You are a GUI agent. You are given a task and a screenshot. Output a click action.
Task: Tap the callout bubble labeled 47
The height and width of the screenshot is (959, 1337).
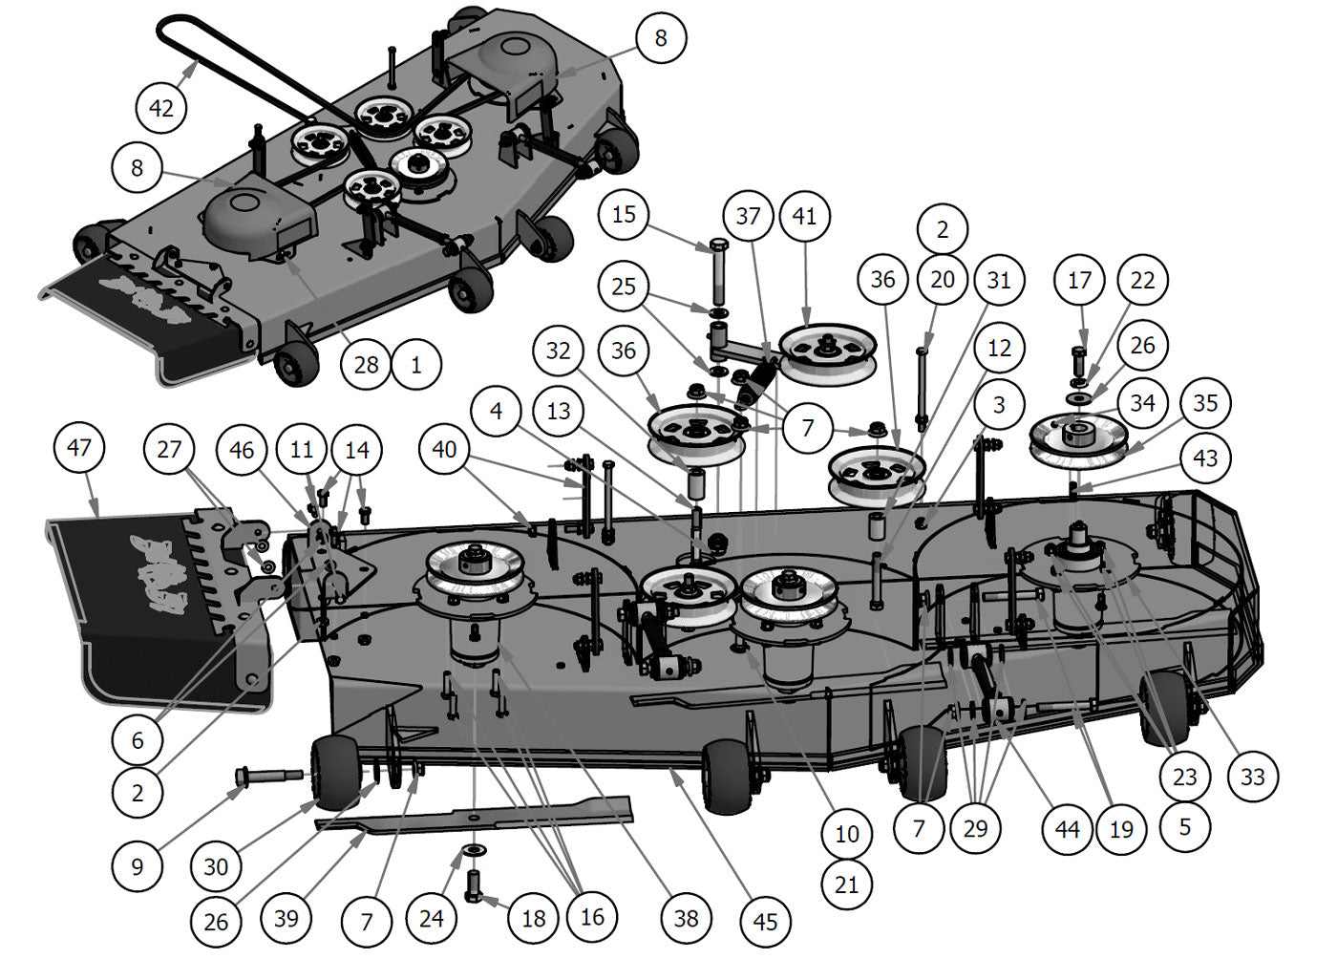(79, 447)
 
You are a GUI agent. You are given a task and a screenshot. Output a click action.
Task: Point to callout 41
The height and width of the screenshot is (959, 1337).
(805, 216)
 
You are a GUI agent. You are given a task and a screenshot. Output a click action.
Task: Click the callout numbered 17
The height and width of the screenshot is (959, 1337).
(1080, 280)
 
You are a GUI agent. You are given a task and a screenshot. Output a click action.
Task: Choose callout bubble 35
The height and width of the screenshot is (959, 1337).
(1206, 402)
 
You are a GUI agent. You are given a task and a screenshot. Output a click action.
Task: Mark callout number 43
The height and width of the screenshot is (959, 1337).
(1206, 458)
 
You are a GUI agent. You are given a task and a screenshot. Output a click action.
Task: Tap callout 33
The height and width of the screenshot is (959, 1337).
(1252, 777)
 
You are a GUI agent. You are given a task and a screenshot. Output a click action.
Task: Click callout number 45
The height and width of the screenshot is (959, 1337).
(765, 922)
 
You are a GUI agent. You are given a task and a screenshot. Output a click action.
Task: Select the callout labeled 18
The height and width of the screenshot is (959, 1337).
(534, 918)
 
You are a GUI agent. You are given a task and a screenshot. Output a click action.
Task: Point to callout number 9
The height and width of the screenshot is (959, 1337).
(138, 866)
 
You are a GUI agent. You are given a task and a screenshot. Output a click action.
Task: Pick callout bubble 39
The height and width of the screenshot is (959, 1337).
(286, 919)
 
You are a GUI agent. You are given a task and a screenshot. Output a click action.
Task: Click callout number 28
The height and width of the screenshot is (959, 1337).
(366, 364)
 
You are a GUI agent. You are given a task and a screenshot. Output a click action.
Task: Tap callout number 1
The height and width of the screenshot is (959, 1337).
(415, 364)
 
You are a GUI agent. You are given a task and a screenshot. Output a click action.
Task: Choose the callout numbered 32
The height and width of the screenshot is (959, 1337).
(559, 351)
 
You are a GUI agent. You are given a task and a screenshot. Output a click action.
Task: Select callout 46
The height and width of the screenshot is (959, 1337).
(242, 449)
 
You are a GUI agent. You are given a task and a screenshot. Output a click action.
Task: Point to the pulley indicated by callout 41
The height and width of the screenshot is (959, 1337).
(828, 351)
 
